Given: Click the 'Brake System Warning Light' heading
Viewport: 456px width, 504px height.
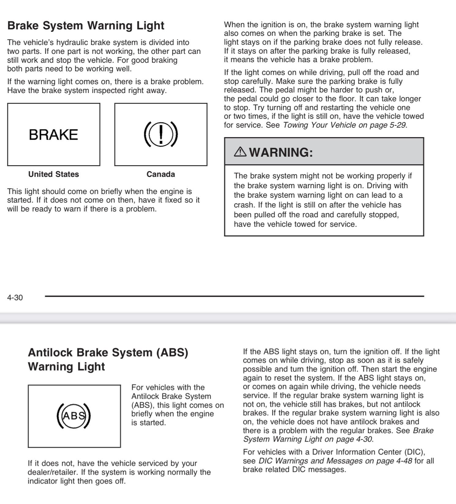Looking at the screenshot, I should point(86,26).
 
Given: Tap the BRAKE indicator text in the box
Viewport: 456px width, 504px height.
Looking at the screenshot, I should point(53,135).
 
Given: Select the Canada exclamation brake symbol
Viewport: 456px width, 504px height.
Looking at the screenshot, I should point(161,135).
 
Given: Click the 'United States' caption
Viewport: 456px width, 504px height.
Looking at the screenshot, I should point(54,174).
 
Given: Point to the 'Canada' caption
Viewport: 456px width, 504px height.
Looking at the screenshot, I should point(161,174).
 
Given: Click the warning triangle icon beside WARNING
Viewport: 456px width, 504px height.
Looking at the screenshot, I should point(240,151).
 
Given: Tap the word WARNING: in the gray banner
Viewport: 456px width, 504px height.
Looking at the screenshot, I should point(281,152).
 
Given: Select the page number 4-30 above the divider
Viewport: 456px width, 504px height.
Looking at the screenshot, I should point(15,297).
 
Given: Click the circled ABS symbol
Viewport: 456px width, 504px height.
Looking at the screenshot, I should point(74,416).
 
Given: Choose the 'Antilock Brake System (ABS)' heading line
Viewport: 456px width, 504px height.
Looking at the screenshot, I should point(108,353).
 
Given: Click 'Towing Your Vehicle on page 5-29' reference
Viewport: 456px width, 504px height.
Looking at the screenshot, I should point(345,125).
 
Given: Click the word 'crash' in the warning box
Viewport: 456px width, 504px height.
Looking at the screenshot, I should point(243,205).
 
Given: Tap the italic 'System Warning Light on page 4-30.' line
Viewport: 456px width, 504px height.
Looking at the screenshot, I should point(308,439).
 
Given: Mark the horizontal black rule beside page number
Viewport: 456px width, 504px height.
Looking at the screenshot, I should point(234,296).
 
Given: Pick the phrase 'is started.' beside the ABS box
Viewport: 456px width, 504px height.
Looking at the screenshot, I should point(149,423).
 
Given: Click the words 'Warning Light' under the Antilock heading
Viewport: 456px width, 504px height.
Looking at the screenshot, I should point(66,367).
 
